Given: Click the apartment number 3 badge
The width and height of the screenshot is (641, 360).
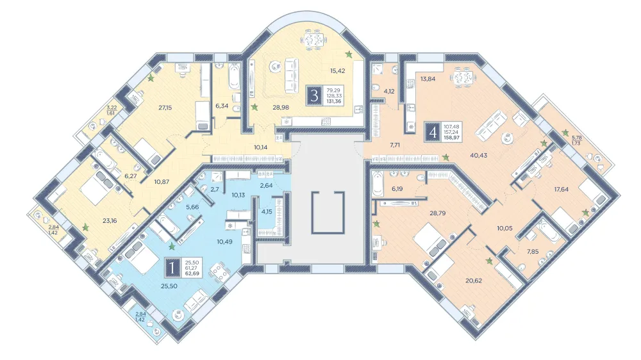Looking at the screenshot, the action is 314,96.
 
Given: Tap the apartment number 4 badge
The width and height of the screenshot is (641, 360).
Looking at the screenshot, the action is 433,132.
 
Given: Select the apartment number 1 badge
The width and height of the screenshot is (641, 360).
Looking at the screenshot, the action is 172,268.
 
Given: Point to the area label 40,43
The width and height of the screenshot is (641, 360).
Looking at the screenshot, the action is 479,155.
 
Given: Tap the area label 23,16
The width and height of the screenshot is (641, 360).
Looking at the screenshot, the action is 110,220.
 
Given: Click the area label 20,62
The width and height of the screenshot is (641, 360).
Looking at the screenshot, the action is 474,281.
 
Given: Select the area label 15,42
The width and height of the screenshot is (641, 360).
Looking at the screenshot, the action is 338,70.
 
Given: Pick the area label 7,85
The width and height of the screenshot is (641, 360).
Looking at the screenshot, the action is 532,252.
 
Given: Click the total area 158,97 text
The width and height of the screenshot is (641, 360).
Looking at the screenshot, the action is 452,138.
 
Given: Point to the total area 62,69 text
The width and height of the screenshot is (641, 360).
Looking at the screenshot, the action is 192,274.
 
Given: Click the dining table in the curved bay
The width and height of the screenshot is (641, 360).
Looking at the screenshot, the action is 314,40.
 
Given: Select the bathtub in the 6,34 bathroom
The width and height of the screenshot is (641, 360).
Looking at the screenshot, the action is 234,76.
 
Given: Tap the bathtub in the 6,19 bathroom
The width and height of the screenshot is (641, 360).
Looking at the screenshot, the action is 378,183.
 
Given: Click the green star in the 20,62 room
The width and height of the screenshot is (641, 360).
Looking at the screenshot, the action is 488,261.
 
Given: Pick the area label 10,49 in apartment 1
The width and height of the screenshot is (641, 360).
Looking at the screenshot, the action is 224,241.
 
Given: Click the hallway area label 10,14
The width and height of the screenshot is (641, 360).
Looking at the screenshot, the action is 260,147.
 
